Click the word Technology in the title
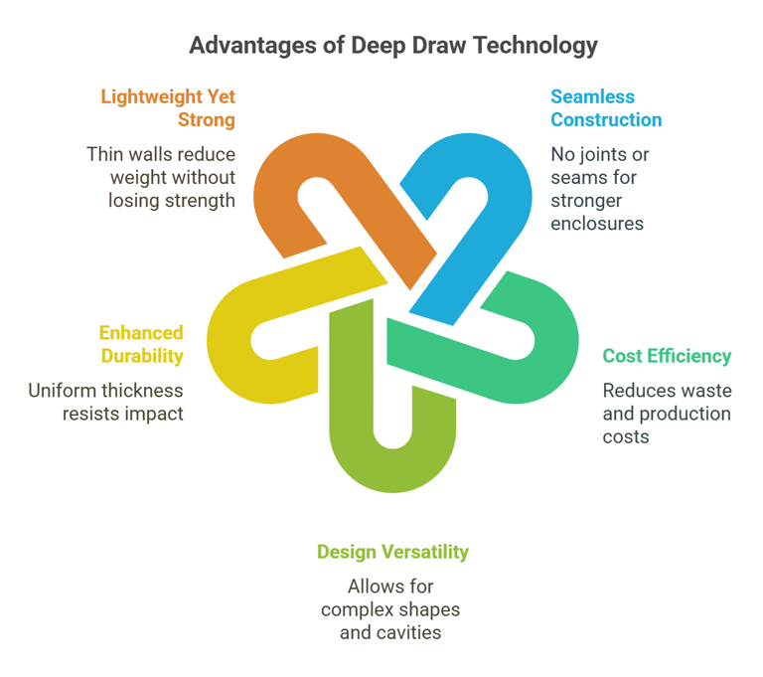[x=535, y=46]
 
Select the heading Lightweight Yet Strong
[x=168, y=108]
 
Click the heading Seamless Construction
[x=606, y=108]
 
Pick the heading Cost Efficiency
[x=667, y=356]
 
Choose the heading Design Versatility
[x=392, y=552]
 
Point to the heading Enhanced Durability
[x=141, y=344]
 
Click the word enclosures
[x=597, y=224]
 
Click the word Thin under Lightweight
[x=103, y=154]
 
